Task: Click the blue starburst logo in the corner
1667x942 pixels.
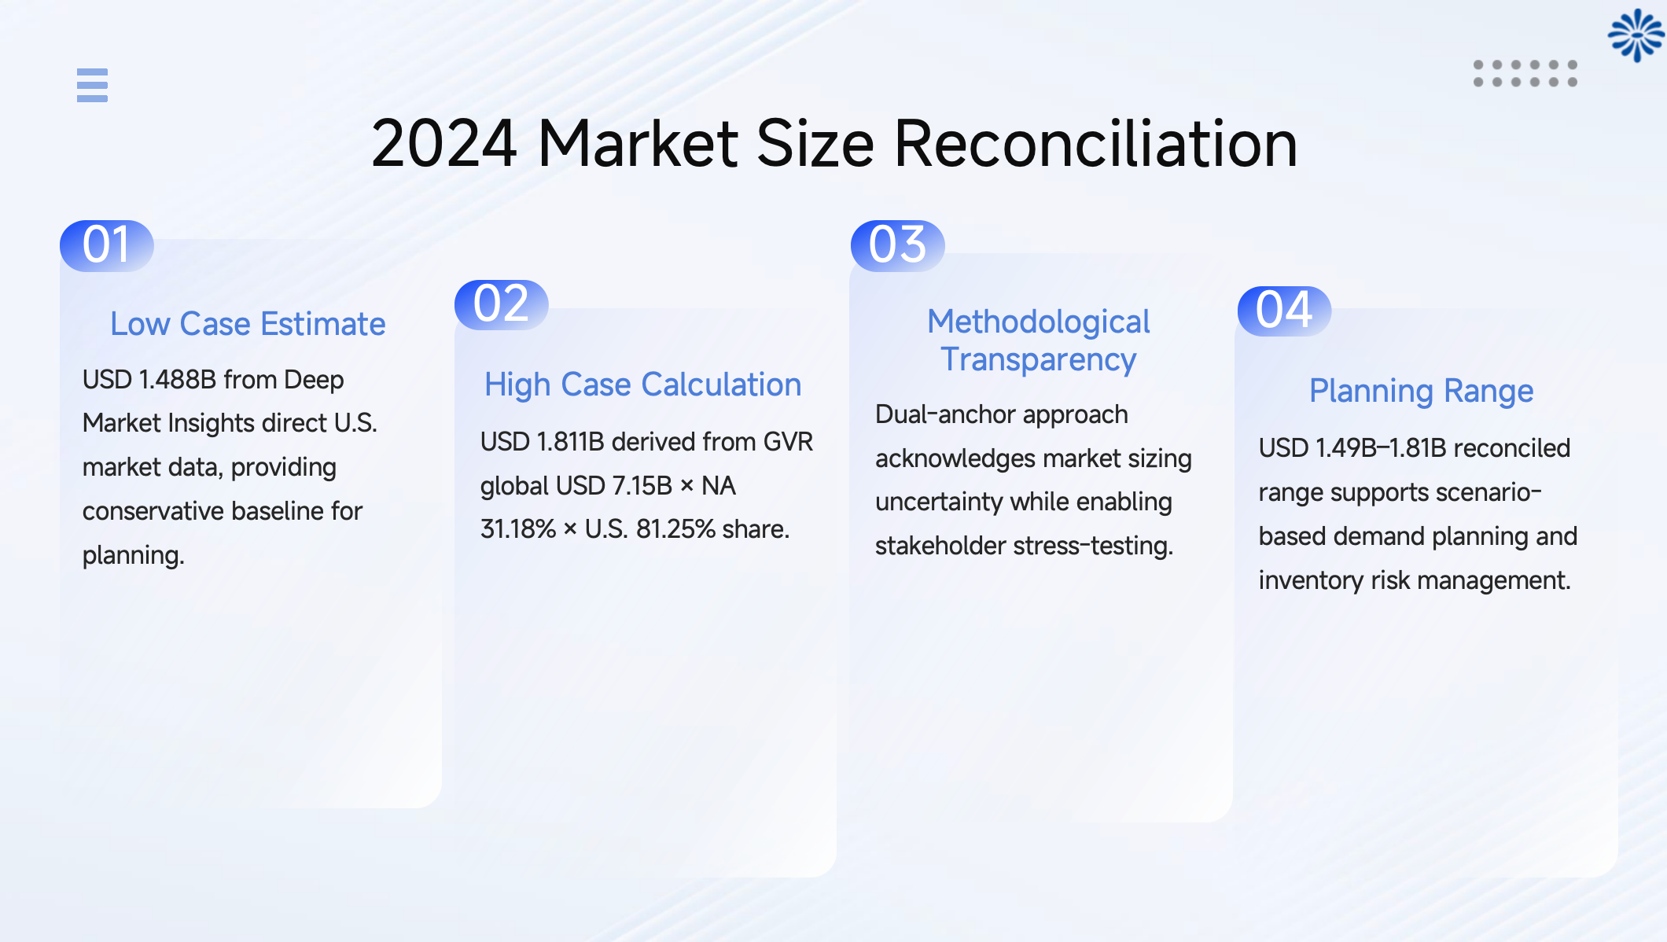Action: tap(1636, 35)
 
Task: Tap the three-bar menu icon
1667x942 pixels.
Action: tap(92, 85)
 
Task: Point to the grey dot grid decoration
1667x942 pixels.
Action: tap(1525, 73)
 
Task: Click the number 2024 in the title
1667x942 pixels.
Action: tap(443, 144)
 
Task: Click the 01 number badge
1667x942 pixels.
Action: tap(107, 245)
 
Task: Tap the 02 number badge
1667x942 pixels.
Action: tap(502, 304)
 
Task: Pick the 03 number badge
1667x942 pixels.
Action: tap(898, 245)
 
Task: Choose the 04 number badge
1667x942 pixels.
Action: tap(1284, 311)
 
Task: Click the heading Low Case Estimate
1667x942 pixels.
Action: tap(248, 324)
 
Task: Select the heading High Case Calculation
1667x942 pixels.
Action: tap(642, 385)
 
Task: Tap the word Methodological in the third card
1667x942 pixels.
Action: tap(1038, 322)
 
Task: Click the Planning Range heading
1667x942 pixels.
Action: tap(1421, 391)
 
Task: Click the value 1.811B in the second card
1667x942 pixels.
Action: tap(569, 442)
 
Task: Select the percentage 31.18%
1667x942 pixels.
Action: tap(518, 529)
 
